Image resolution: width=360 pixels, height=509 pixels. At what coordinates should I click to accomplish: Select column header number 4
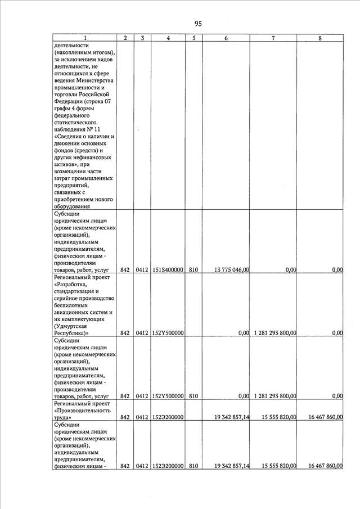click(169, 38)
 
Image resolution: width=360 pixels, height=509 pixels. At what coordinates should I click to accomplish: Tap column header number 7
click(273, 38)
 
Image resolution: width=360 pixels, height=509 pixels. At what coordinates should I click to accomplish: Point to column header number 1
click(85, 38)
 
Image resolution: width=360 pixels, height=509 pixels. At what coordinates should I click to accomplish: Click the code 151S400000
click(168, 270)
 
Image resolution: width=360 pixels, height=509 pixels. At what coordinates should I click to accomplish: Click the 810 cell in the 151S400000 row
click(193, 270)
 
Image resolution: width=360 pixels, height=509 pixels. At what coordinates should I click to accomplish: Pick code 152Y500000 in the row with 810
click(168, 396)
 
